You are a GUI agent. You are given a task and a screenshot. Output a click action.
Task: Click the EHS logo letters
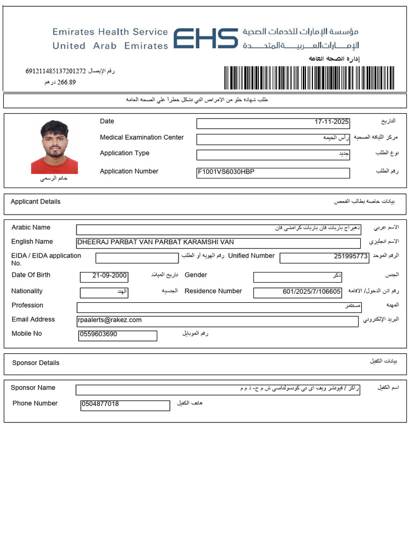(x=206, y=39)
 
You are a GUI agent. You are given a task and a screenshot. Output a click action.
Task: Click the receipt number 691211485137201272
(x=56, y=71)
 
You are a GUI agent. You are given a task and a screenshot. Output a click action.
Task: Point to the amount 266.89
(x=66, y=82)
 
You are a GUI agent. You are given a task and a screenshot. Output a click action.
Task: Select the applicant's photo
(x=54, y=147)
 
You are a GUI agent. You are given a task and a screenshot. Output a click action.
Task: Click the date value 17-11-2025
(x=331, y=122)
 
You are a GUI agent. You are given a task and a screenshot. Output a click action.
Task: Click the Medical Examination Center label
(x=142, y=138)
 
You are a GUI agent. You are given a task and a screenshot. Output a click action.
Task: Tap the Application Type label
(x=124, y=154)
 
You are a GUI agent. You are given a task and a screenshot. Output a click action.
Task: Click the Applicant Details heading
(x=36, y=202)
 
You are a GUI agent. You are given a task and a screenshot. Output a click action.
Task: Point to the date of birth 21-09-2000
(x=110, y=276)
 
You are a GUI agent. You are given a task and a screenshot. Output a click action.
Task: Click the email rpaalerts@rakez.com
(x=110, y=320)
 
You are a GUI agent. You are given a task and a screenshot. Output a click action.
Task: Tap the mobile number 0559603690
(x=98, y=335)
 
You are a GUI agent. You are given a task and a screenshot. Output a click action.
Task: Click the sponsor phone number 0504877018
(x=100, y=404)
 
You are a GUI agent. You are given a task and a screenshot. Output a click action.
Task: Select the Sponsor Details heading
(x=36, y=363)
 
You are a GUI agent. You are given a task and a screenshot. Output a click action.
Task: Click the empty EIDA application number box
(x=137, y=258)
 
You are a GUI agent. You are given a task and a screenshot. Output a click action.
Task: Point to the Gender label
(x=196, y=275)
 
